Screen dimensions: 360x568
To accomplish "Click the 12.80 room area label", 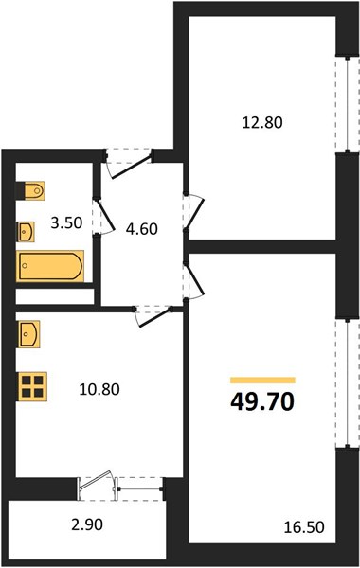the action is pyautogui.click(x=262, y=122).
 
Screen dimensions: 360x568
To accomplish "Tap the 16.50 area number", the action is pyautogui.click(x=304, y=527).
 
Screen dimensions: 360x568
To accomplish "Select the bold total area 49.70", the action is pyautogui.click(x=262, y=401).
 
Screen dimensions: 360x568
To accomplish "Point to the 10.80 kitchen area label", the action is pyautogui.click(x=99, y=389).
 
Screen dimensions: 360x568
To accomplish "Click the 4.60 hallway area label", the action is pyautogui.click(x=142, y=229).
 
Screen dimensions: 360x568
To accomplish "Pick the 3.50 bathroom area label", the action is pyautogui.click(x=66, y=222).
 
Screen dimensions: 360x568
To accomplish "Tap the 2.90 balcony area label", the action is pyautogui.click(x=87, y=524).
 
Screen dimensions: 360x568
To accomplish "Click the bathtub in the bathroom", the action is pyautogui.click(x=50, y=266).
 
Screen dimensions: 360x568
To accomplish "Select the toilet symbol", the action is pyautogui.click(x=31, y=190).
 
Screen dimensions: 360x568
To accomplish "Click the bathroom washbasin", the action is pyautogui.click(x=26, y=232).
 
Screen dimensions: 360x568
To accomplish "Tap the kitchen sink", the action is pyautogui.click(x=28, y=334).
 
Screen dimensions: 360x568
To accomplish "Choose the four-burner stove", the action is pyautogui.click(x=32, y=387).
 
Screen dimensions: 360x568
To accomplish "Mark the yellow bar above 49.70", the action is pyautogui.click(x=262, y=380).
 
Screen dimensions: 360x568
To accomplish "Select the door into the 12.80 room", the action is pyautogui.click(x=195, y=212).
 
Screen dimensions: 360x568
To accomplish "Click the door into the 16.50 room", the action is pyautogui.click(x=195, y=281).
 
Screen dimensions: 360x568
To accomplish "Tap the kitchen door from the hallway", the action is pyautogui.click(x=153, y=316).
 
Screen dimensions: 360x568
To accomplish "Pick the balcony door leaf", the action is pyautogui.click(x=96, y=480).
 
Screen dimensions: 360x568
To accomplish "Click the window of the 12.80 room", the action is pyautogui.click(x=348, y=104).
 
